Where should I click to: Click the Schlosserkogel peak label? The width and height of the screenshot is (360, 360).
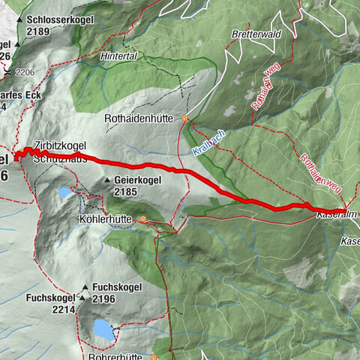(58, 21)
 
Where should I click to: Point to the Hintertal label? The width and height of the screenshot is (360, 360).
(119, 56)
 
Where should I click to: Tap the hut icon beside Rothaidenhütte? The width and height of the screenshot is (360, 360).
(184, 118)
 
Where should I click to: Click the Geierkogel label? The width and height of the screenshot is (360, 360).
(139, 181)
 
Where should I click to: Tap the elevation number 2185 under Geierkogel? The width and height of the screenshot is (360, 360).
(127, 192)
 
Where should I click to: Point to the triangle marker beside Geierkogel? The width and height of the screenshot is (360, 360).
(109, 181)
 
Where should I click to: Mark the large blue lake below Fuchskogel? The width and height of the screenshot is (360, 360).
(102, 328)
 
